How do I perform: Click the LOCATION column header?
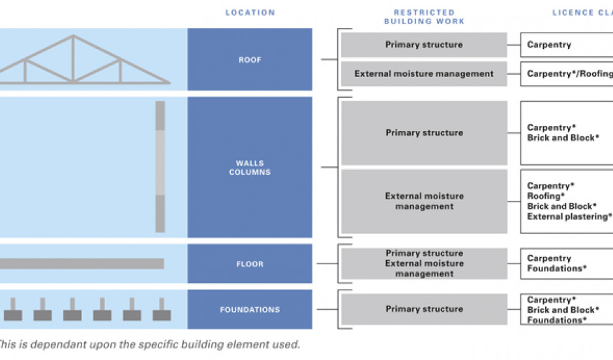[x=250, y=12]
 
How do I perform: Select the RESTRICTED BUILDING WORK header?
[x=424, y=17]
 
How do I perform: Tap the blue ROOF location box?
[x=250, y=59]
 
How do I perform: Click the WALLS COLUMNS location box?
[x=250, y=168]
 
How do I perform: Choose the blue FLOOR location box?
[x=250, y=264]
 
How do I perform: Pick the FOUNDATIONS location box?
[x=250, y=310]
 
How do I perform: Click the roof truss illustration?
[x=85, y=62]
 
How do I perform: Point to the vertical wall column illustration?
[x=160, y=167]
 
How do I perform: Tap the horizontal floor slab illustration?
[x=82, y=263]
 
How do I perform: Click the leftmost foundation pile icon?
[x=12, y=311]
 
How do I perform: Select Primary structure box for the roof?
[x=424, y=45]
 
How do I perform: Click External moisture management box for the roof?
[x=424, y=74]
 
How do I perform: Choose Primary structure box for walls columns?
[x=424, y=133]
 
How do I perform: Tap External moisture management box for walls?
[x=424, y=202]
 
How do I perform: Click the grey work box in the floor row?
[x=424, y=263]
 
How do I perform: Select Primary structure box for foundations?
[x=424, y=309]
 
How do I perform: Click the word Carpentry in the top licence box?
[x=549, y=45]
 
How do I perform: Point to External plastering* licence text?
[x=569, y=217]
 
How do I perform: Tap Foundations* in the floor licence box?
[x=556, y=268]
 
